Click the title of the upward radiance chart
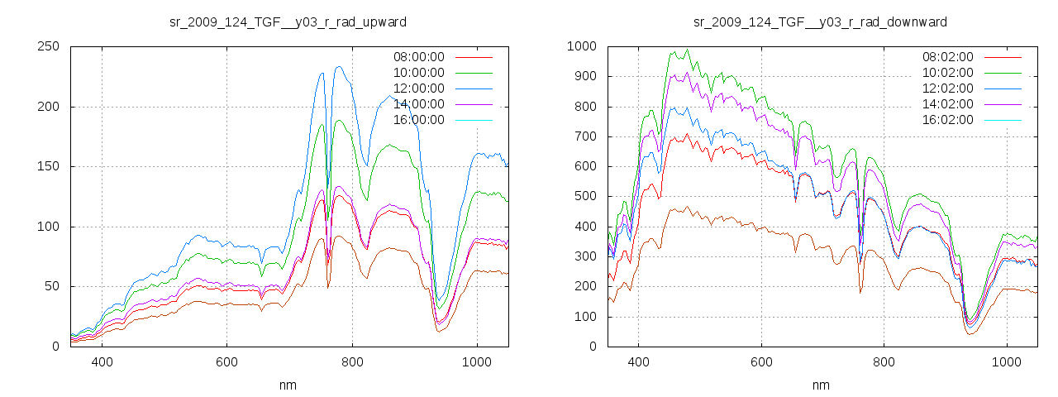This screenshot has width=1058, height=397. (x=288, y=22)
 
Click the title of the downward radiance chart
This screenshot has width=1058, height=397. (x=820, y=22)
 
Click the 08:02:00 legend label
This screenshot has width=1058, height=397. (x=947, y=57)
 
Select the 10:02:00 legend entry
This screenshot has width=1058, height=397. (x=947, y=73)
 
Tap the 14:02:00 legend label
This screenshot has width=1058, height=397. (x=947, y=104)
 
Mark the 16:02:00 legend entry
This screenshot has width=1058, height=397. (x=947, y=120)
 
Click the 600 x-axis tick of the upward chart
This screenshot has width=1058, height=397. (x=226, y=361)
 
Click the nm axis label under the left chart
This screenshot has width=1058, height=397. (x=288, y=385)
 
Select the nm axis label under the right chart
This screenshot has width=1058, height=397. (x=820, y=385)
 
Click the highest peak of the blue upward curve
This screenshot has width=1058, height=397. (x=339, y=67)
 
